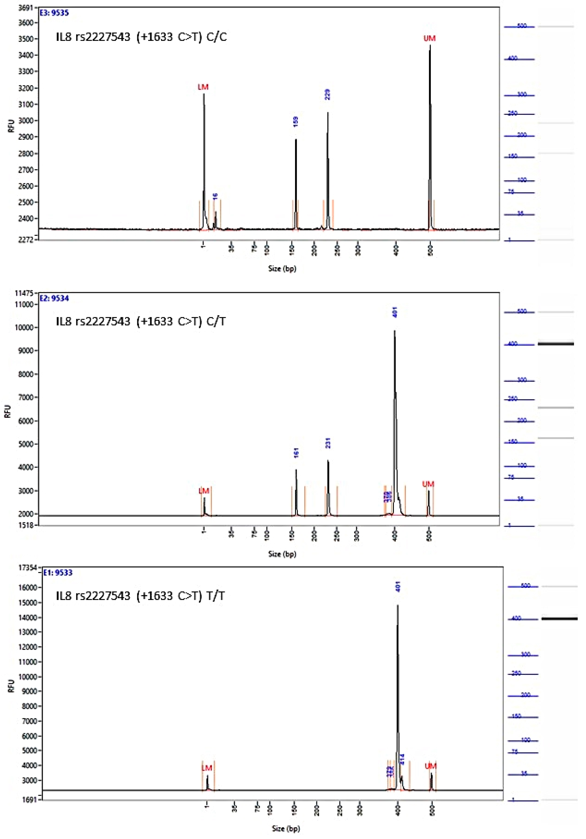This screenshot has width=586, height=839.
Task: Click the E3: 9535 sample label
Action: [x=54, y=13]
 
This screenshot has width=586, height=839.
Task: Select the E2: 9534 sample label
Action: [x=54, y=298]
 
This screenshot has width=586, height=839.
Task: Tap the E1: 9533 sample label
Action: [x=58, y=573]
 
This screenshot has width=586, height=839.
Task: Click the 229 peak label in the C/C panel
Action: [x=327, y=94]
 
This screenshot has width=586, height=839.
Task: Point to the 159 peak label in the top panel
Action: [x=296, y=122]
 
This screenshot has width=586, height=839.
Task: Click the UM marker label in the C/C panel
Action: [x=430, y=38]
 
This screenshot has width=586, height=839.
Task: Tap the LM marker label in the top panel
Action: [x=203, y=87]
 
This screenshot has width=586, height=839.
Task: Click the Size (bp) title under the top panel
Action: [x=282, y=269]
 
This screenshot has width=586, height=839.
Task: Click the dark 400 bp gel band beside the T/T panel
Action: [x=559, y=619]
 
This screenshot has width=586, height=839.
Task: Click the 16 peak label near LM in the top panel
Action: [x=215, y=196]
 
